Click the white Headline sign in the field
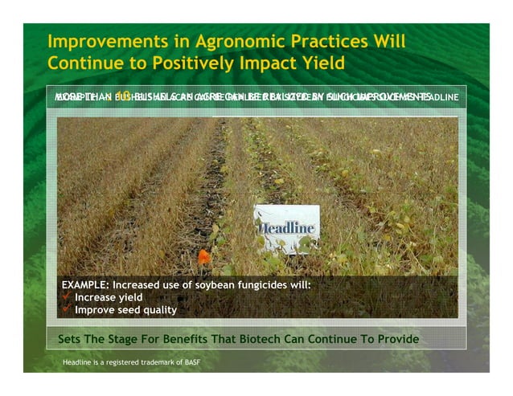286,228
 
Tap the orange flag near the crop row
203,257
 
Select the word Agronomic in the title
211,42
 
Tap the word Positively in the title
199,63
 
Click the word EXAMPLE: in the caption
85,285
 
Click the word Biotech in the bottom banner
256,339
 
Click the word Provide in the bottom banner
396,339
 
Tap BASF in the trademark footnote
191,363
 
